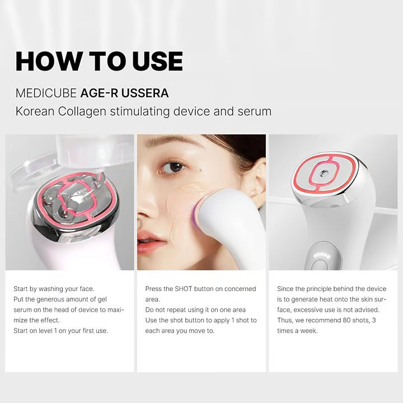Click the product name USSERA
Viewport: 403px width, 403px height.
pyautogui.click(x=144, y=92)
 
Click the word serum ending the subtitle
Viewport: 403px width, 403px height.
pyautogui.click(x=254, y=111)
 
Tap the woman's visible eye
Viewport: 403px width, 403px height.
pyautogui.click(x=176, y=166)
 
